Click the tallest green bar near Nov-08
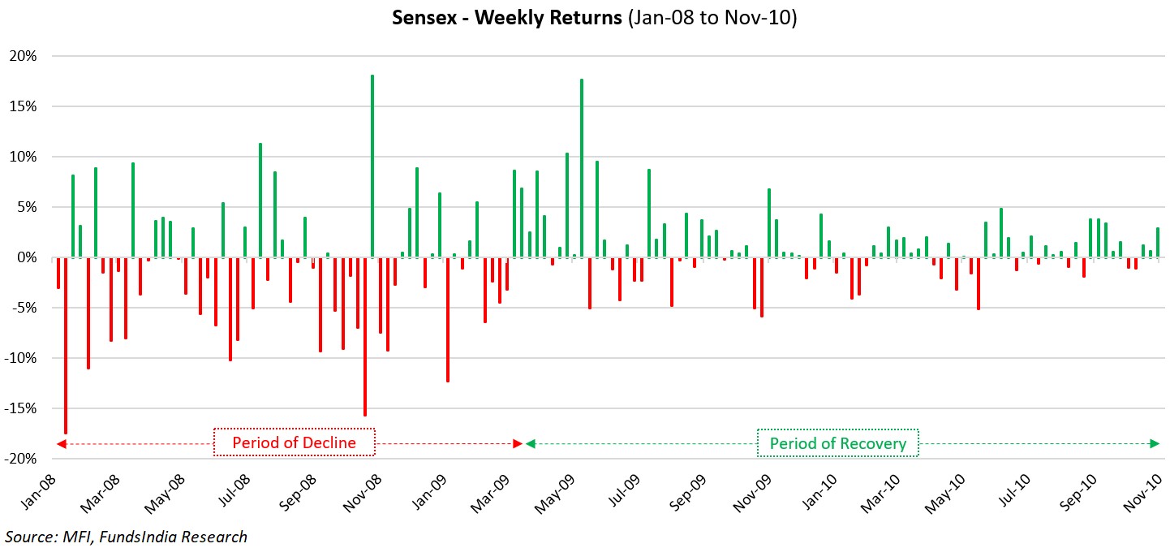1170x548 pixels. (x=372, y=166)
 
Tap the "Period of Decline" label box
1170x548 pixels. (x=295, y=443)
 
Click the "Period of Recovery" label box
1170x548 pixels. (x=837, y=443)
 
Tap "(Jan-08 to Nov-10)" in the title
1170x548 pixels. (x=712, y=18)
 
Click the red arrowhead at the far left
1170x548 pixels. (x=59, y=443)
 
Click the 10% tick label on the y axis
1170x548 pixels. (x=24, y=157)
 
